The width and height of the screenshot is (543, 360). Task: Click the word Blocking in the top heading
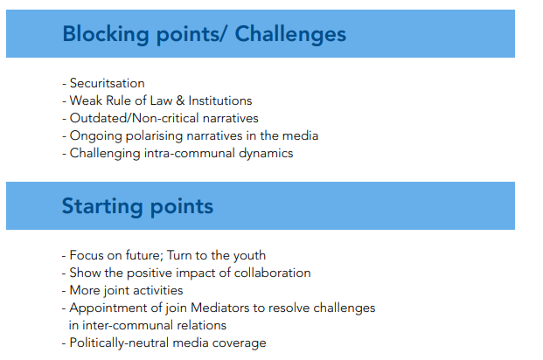[106, 35]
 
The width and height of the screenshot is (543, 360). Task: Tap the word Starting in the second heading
[102, 207]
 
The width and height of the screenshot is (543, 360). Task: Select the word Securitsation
[108, 83]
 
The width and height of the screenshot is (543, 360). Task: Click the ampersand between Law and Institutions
[180, 100]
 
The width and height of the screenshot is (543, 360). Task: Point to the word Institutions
[220, 100]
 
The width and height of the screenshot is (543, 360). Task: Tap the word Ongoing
[96, 136]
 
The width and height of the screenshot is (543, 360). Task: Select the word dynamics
[266, 153]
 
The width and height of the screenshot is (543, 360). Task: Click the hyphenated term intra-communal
[190, 153]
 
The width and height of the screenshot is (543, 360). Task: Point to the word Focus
[87, 255]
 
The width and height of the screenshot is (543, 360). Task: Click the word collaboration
[273, 273]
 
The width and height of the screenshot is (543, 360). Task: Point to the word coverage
[239, 343]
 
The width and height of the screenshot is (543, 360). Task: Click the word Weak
[87, 100]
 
